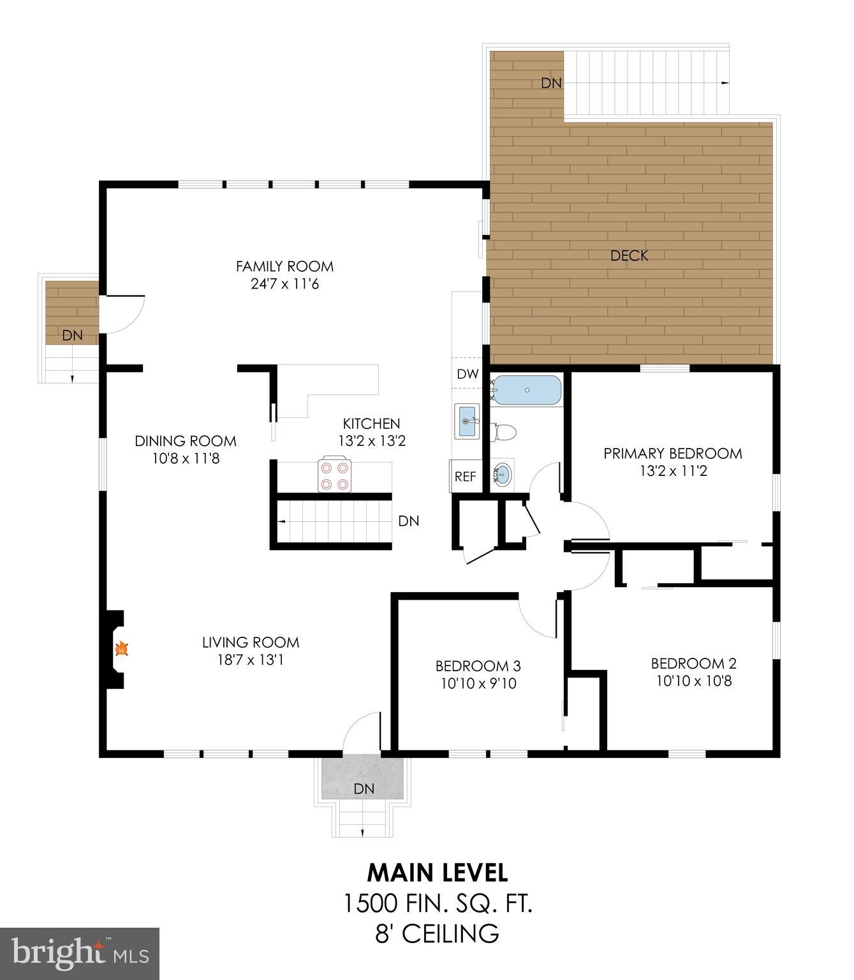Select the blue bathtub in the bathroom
[x=527, y=390]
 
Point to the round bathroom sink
[x=503, y=475]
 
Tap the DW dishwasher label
[x=467, y=375]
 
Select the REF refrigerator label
[x=466, y=477]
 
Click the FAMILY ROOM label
[x=284, y=266]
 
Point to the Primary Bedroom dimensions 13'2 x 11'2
[x=673, y=471]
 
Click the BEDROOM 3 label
[x=478, y=666]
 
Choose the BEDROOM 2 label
[x=693, y=664]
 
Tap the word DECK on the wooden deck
[x=629, y=256]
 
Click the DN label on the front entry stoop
[x=364, y=789]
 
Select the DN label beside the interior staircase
[x=408, y=521]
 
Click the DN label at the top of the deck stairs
[x=551, y=83]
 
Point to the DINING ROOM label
[x=185, y=441]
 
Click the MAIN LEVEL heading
[x=438, y=872]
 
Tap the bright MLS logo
[x=80, y=954]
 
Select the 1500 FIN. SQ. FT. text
[x=438, y=903]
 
